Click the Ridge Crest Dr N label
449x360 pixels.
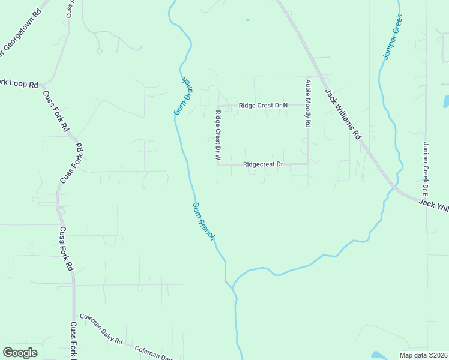tap(263, 105)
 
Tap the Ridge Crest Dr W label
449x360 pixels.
tap(218, 135)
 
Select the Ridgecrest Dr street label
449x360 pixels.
tap(263, 164)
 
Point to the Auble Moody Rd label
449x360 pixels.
tap(308, 103)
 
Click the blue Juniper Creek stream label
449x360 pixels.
tap(393, 37)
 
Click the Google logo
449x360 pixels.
tap(20, 353)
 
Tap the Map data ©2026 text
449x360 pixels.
tap(421, 355)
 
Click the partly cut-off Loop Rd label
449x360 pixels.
tap(19, 83)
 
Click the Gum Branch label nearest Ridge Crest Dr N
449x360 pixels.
tap(182, 96)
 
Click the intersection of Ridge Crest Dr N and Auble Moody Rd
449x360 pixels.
tap(308, 105)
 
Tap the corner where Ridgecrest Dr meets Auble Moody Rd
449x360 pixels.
tap(308, 163)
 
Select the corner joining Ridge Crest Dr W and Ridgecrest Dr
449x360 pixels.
tap(218, 164)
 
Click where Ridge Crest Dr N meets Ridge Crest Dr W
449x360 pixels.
tap(217, 106)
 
